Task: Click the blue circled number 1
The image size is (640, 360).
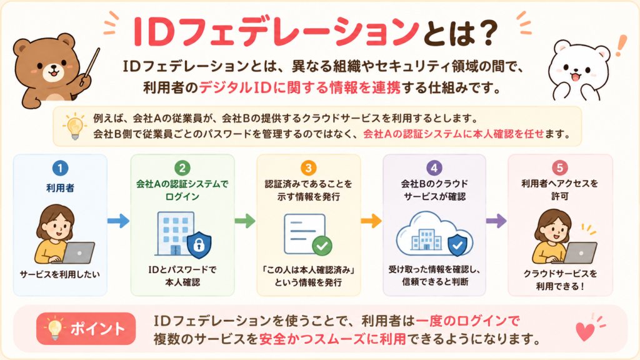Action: coord(60,168)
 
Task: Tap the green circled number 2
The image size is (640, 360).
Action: coord(182,168)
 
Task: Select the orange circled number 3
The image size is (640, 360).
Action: coord(309,168)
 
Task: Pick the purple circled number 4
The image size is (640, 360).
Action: coord(434,168)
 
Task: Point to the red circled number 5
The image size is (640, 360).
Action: coord(559,168)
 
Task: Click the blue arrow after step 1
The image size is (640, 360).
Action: coord(118,221)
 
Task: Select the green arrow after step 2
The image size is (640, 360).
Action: coord(245,221)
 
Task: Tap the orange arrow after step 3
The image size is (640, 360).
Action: coord(371,221)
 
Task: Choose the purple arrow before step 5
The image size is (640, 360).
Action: coord(496,221)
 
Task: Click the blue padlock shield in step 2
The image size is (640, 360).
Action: coord(199,245)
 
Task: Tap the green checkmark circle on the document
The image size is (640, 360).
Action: coord(322,246)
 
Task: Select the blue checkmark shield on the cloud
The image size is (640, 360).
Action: coord(457,245)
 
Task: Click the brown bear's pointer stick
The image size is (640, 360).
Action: coord(90,66)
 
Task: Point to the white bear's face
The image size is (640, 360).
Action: coord(577,68)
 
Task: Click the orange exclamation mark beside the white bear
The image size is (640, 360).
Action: coord(621,46)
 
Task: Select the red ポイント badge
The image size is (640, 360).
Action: coord(86,329)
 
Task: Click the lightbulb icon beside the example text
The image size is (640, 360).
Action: coord(75,126)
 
